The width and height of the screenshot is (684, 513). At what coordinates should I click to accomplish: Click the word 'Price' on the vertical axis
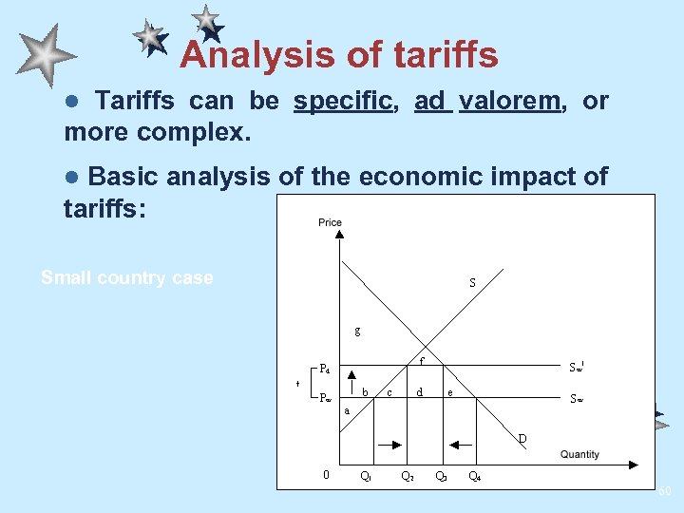click(x=330, y=222)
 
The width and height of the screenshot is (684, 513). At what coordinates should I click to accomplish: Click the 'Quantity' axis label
click(x=579, y=454)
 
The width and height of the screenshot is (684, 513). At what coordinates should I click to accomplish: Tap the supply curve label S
click(x=472, y=282)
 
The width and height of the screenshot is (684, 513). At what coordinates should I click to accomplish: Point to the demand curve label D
click(x=522, y=438)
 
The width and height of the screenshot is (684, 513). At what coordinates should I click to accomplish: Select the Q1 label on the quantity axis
click(x=366, y=476)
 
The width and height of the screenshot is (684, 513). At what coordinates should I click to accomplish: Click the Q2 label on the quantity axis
click(x=406, y=476)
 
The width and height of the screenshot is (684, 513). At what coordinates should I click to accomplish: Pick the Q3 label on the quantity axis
click(x=441, y=476)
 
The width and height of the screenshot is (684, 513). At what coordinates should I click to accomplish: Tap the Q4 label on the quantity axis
click(x=474, y=476)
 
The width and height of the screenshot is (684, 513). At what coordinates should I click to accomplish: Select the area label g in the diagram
click(x=357, y=332)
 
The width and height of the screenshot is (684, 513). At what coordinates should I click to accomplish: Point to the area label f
click(x=422, y=360)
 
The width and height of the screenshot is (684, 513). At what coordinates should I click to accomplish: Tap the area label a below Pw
click(x=347, y=410)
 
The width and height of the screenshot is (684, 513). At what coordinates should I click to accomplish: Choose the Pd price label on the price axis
click(x=326, y=369)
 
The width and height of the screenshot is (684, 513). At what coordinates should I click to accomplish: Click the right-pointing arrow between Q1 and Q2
click(x=390, y=443)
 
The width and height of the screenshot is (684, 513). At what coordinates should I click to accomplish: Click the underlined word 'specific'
click(x=345, y=101)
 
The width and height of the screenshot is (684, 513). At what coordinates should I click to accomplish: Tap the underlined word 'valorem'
click(x=509, y=101)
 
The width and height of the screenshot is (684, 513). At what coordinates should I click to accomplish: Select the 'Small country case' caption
click(x=127, y=278)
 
